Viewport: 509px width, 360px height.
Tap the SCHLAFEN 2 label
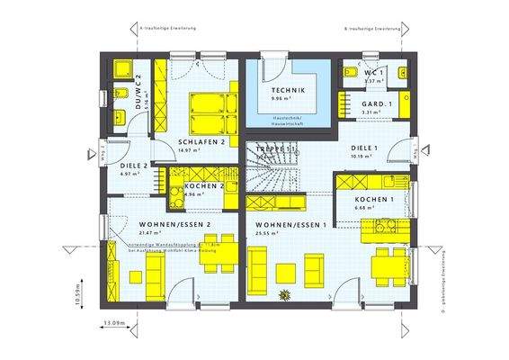click(201, 142)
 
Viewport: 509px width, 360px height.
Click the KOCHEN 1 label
click(373, 199)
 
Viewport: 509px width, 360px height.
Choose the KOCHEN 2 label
click(205, 184)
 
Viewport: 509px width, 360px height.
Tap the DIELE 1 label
click(364, 148)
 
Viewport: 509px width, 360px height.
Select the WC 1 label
click(374, 71)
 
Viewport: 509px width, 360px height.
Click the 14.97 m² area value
click(188, 150)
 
